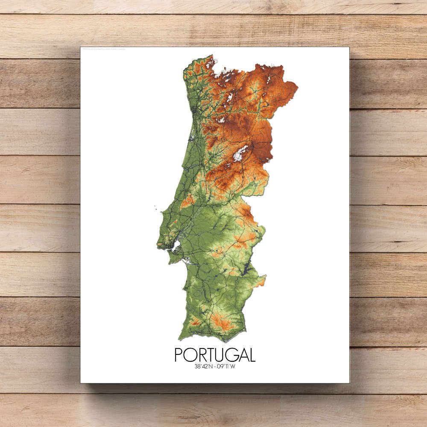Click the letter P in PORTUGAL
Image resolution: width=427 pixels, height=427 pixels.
(179, 355)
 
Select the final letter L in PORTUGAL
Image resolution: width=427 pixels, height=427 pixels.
(252, 355)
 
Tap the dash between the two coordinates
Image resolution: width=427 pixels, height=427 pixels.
(215, 366)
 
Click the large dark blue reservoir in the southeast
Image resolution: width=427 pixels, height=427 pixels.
(247, 269)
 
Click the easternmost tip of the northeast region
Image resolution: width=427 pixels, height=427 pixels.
(297, 87)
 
